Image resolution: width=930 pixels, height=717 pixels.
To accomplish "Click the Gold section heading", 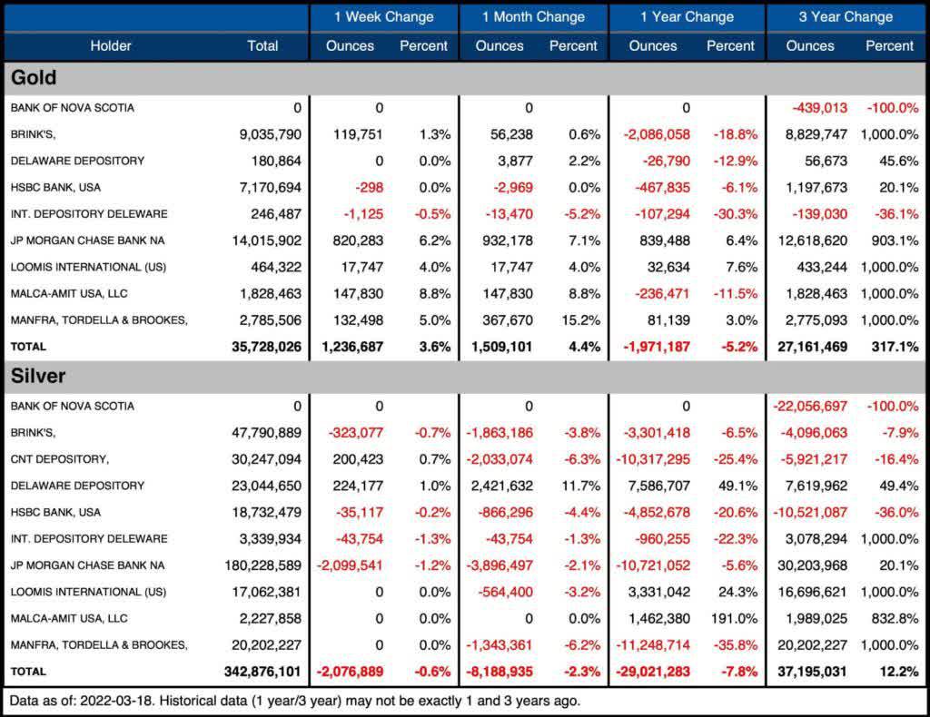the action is [34, 78].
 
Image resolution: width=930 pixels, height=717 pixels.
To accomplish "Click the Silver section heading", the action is [38, 376].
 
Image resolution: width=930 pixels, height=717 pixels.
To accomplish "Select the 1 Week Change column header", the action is [384, 16].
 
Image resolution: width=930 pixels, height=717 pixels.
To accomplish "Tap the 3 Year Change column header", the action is [846, 16].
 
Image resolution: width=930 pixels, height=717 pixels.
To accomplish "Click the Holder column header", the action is [110, 45].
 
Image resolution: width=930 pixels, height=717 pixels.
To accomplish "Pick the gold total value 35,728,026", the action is [266, 347].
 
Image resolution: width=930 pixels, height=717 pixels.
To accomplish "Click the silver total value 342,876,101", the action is [262, 672].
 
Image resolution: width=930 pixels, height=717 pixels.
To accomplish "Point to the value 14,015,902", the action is [266, 241].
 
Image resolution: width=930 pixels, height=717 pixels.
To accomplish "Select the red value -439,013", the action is [820, 108].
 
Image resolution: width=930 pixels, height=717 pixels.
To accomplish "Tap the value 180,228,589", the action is [262, 565].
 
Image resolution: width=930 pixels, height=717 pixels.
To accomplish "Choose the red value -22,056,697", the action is [810, 406].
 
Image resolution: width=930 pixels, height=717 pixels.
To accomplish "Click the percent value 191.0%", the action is [734, 619].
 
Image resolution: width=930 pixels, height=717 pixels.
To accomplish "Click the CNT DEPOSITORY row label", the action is [59, 459].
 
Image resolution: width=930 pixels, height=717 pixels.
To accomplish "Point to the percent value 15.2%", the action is [580, 320].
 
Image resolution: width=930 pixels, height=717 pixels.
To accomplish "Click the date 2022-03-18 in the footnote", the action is [114, 701].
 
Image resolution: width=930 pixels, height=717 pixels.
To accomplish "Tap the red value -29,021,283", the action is [653, 672].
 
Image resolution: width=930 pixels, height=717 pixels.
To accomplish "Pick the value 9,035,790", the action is [271, 134].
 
